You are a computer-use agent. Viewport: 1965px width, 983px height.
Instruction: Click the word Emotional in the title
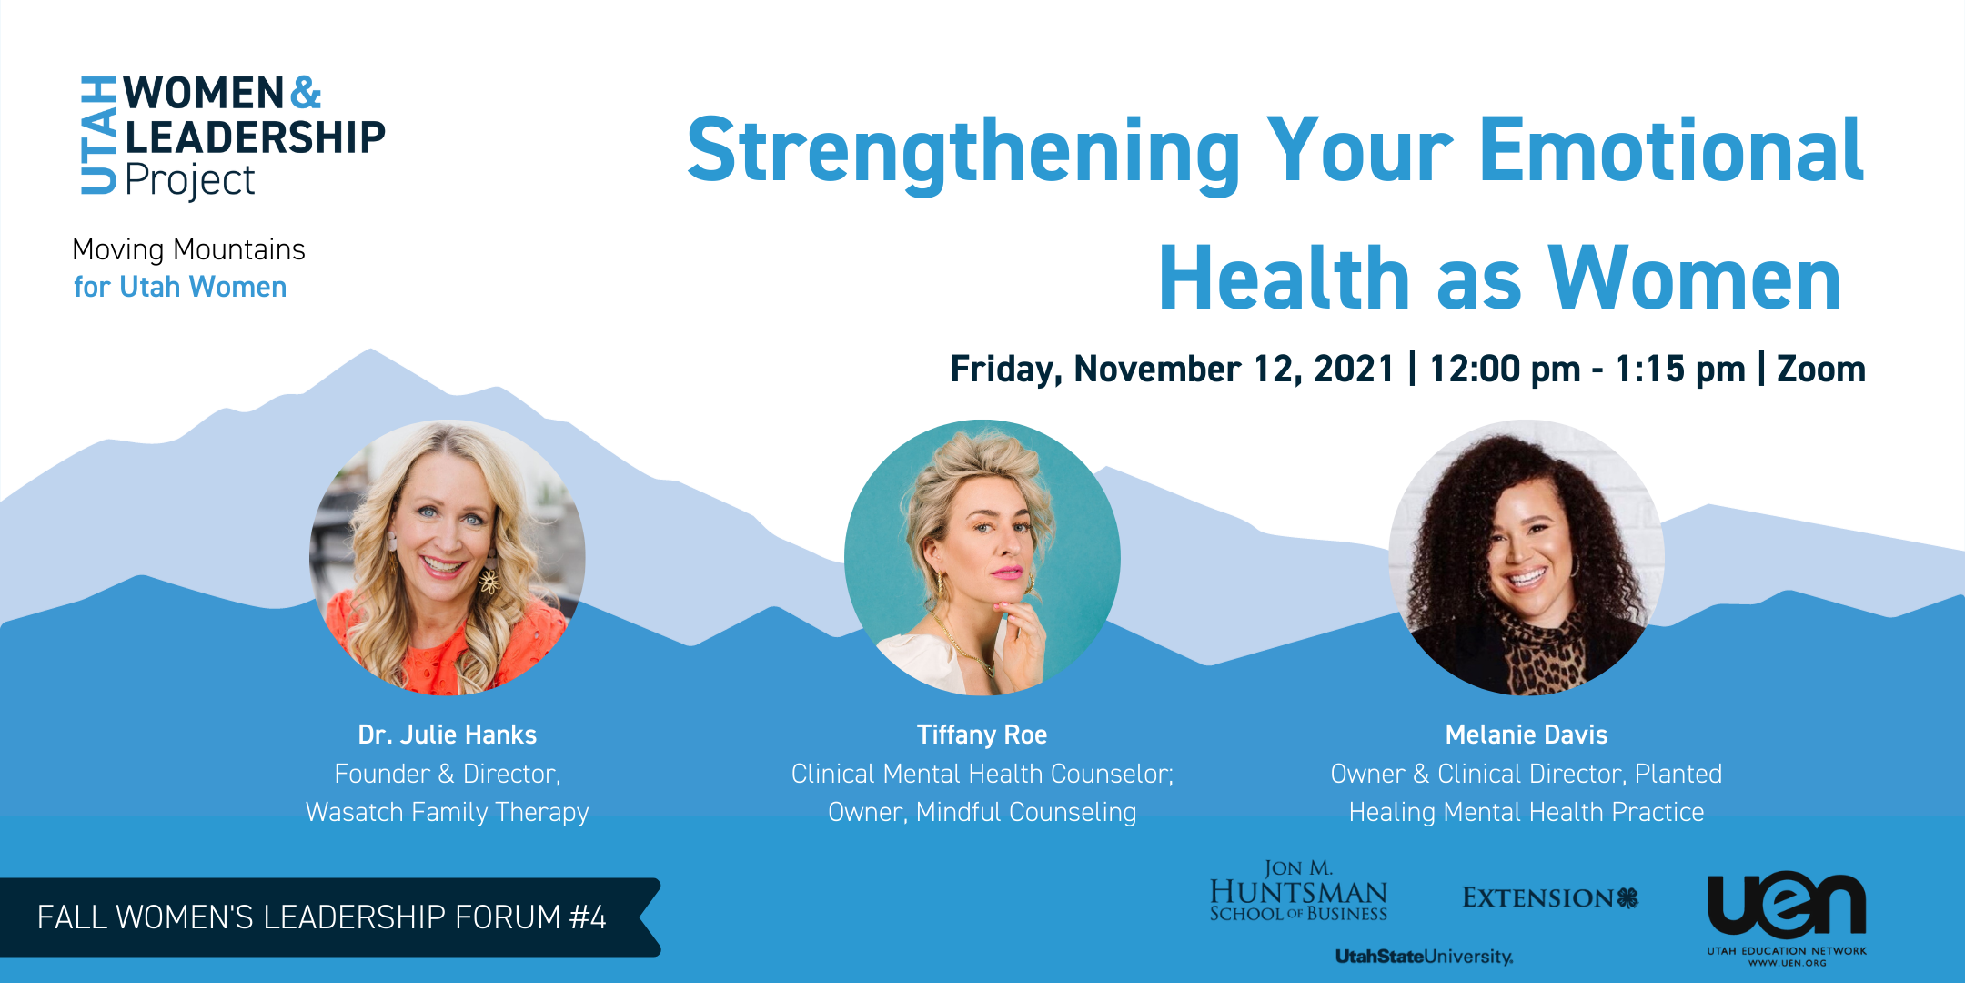tap(1672, 150)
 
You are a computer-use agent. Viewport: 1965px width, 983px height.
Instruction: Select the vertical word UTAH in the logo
tap(98, 135)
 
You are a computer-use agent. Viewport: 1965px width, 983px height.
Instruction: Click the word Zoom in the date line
tap(1821, 369)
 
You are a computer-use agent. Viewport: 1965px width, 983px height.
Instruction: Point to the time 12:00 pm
tap(1505, 369)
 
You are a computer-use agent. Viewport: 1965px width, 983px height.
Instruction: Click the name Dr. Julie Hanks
tap(448, 735)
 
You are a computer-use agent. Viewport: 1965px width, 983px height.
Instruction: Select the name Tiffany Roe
tap(982, 735)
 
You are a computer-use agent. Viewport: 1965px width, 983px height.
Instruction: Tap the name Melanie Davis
tap(1527, 735)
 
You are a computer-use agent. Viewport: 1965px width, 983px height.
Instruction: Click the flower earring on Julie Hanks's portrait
tap(489, 580)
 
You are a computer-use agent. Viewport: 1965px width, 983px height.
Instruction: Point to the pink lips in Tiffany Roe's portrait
tap(1006, 573)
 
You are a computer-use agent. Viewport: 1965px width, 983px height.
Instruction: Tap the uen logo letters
tap(1787, 905)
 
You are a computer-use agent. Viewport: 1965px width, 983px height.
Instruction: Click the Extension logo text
tap(1550, 898)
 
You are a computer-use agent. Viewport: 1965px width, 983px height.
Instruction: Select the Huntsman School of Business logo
tap(1298, 891)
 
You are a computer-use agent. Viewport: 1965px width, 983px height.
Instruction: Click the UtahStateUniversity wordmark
tap(1425, 957)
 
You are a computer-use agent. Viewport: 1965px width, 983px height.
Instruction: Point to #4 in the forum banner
tap(588, 917)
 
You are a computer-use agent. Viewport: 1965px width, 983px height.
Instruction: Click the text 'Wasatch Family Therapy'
tap(448, 812)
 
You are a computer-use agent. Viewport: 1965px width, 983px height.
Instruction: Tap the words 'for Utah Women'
tap(180, 287)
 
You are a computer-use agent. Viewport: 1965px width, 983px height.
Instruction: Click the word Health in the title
tap(1284, 279)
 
